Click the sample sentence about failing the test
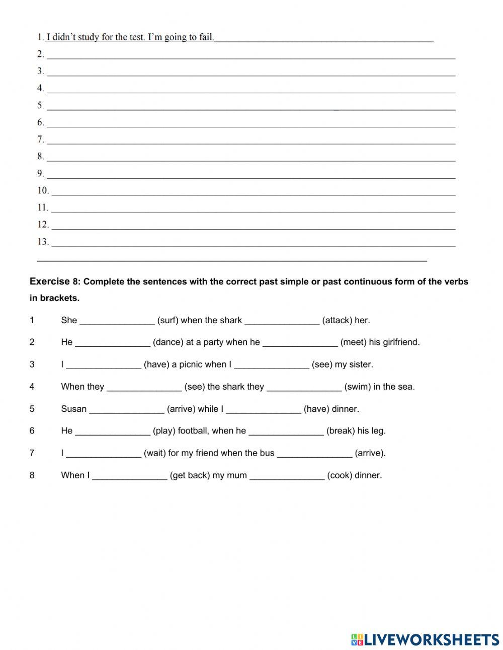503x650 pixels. tap(130, 37)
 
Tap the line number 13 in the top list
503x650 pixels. tap(43, 242)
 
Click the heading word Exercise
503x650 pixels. tap(50, 281)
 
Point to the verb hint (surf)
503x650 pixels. tap(167, 320)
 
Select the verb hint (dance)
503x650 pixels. tap(168, 342)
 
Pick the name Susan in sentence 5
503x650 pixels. tap(74, 409)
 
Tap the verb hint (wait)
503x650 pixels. tap(155, 453)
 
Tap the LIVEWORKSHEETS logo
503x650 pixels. tap(425, 639)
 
